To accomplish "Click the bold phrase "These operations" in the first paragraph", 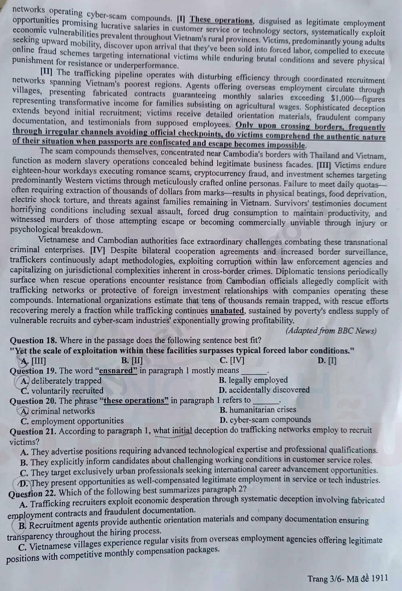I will coord(221,20).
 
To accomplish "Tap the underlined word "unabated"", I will coord(227,311).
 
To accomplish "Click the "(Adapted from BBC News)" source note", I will coord(331,330).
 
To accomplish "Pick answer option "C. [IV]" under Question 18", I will coord(232,361).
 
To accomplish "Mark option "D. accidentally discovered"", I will coord(264,390).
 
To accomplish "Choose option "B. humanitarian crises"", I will coord(258,410).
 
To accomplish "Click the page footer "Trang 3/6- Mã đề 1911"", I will coord(348,578).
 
